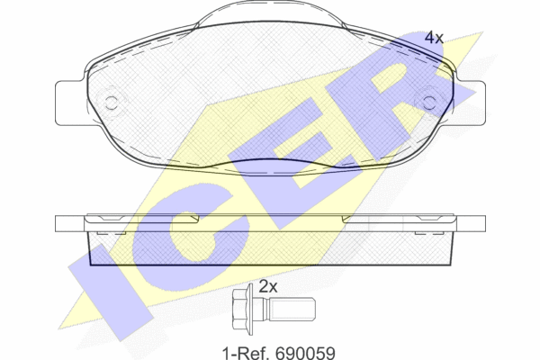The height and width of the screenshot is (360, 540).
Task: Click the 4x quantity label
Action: pyautogui.click(x=434, y=38)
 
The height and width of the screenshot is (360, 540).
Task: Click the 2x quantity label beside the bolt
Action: pyautogui.click(x=268, y=286)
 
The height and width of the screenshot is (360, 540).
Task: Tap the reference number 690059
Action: pyautogui.click(x=305, y=353)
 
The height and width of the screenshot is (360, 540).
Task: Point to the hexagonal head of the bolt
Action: pyautogui.click(x=240, y=309)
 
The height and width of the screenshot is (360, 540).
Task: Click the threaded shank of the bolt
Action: pyautogui.click(x=290, y=309)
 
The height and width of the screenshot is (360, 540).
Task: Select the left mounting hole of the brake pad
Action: pyautogui.click(x=111, y=103)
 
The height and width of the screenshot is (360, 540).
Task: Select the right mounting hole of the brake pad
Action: pyautogui.click(x=429, y=103)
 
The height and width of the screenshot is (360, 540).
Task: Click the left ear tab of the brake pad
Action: pyautogui.click(x=70, y=103)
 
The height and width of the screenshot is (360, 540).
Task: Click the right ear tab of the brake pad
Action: pyautogui.click(x=471, y=103)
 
